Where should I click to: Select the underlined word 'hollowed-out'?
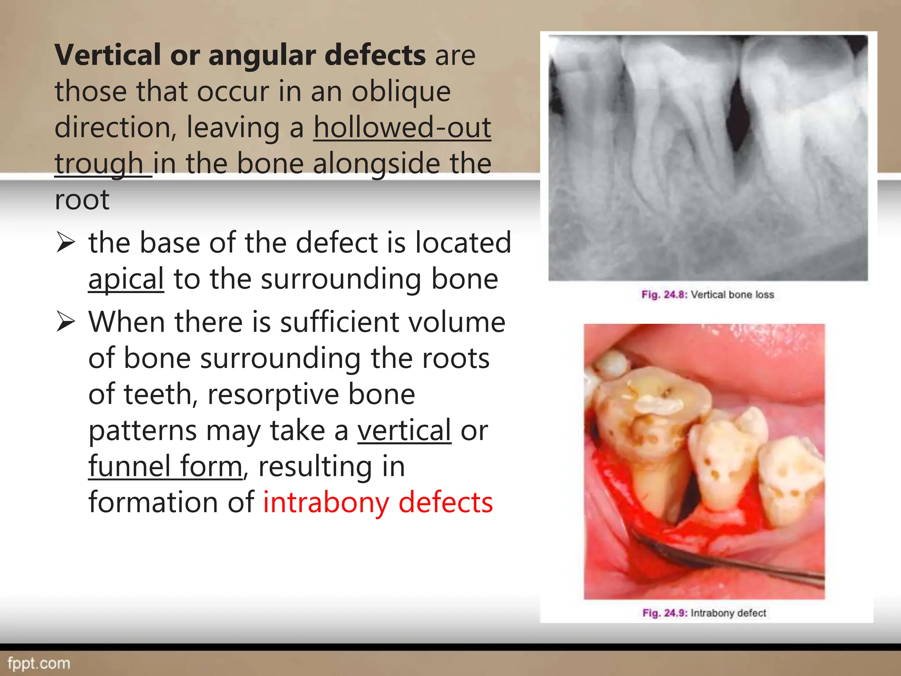(x=402, y=127)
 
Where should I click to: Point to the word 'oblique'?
(x=401, y=92)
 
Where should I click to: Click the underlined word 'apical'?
(x=126, y=279)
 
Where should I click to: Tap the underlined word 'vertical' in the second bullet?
(x=404, y=430)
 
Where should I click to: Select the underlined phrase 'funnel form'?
(x=165, y=466)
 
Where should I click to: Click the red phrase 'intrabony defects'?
(x=377, y=502)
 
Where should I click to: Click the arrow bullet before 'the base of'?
(x=66, y=243)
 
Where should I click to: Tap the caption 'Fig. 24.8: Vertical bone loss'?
(x=707, y=294)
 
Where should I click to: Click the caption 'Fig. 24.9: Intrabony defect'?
(x=704, y=613)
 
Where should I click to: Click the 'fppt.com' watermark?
(x=39, y=663)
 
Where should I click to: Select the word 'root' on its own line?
(x=82, y=200)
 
